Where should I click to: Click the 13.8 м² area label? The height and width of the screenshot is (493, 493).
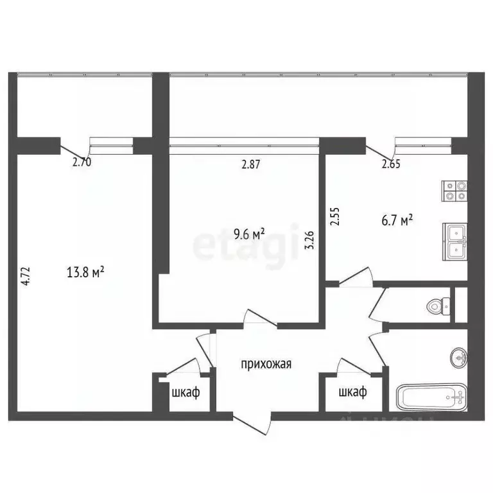[85, 272]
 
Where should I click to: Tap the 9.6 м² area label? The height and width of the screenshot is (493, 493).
[248, 235]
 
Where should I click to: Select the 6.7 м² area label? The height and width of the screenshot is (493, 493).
[396, 221]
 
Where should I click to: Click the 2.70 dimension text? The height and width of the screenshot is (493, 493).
[82, 162]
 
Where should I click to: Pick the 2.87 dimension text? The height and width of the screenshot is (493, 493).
[252, 164]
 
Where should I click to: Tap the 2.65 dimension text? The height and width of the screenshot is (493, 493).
[391, 164]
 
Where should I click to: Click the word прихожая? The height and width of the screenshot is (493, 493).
[266, 365]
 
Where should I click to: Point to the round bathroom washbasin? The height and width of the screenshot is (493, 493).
[458, 355]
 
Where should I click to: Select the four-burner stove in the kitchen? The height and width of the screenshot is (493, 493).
[454, 191]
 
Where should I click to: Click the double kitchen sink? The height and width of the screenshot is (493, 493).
[454, 241]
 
